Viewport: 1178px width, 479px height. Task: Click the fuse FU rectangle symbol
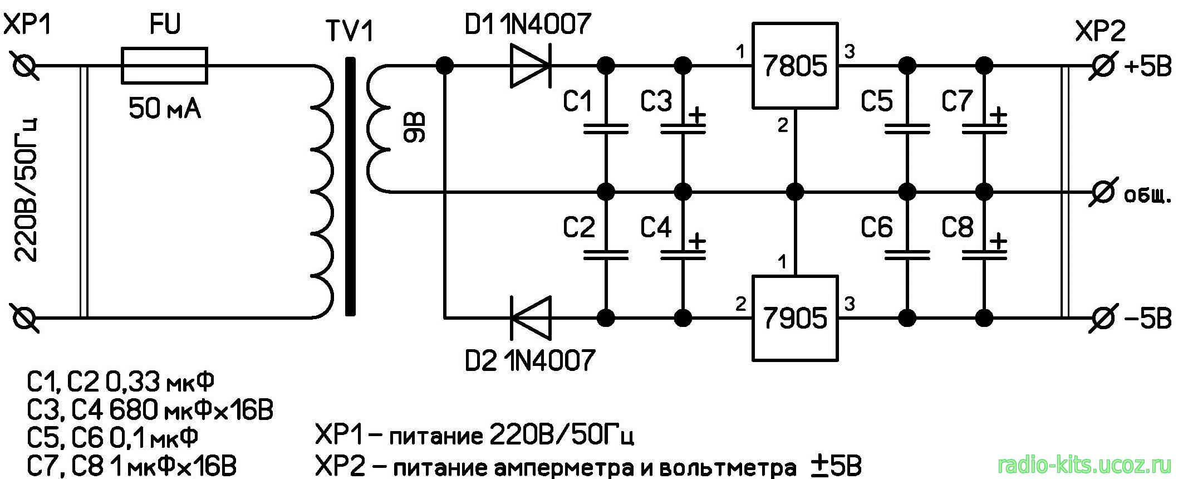pyautogui.click(x=164, y=66)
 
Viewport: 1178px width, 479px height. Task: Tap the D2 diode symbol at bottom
pyautogui.click(x=530, y=319)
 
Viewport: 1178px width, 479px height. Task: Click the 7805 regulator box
pyautogui.click(x=795, y=66)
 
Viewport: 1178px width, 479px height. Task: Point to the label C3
pyautogui.click(x=656, y=101)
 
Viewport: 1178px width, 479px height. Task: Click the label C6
pyautogui.click(x=876, y=228)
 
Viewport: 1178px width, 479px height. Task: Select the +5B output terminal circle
pyautogui.click(x=1101, y=66)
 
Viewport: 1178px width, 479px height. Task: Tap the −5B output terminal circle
pyautogui.click(x=1101, y=319)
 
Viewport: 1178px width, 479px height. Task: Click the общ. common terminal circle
pyautogui.click(x=1101, y=192)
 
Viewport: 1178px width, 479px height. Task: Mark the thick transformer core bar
pyautogui.click(x=350, y=187)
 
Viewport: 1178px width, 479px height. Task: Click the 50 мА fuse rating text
pyautogui.click(x=164, y=109)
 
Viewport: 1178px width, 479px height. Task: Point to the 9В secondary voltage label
pyautogui.click(x=415, y=128)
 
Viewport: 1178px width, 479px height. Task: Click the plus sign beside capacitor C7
pyautogui.click(x=999, y=116)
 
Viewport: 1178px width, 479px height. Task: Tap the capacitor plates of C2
pyautogui.click(x=606, y=255)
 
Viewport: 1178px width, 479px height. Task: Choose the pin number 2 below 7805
pyautogui.click(x=783, y=126)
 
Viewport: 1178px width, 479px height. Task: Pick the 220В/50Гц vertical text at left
pyautogui.click(x=26, y=189)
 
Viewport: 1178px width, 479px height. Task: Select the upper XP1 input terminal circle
pyautogui.click(x=25, y=66)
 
